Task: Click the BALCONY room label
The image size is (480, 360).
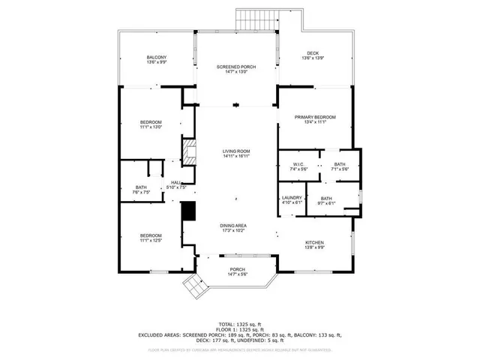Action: pos(156,58)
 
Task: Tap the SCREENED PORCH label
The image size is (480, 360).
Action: pos(236,67)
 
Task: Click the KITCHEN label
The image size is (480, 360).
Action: pos(314,242)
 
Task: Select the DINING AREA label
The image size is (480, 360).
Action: pos(235,226)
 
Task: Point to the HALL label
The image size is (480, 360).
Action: pos(175,182)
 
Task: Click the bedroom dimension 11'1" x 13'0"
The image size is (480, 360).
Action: pos(151,127)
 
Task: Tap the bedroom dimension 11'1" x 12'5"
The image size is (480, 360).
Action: pos(151,241)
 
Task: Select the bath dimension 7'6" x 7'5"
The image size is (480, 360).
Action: pos(142,193)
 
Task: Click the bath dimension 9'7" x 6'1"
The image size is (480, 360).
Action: pos(327,202)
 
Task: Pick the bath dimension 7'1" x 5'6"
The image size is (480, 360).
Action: pos(340,169)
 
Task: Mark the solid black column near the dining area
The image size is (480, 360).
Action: pos(189,211)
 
